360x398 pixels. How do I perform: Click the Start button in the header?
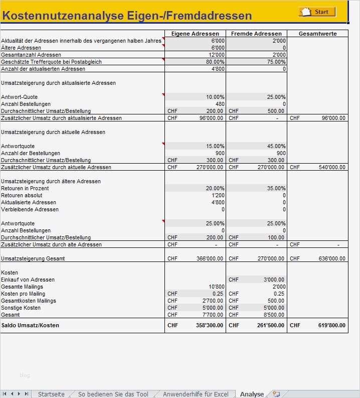point(317,12)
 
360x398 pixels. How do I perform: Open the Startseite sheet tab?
point(51,394)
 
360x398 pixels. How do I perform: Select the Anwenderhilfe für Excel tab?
point(196,394)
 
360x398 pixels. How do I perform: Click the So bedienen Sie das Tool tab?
point(113,394)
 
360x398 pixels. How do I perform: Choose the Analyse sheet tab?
point(252,394)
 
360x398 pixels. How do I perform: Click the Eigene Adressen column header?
point(195,34)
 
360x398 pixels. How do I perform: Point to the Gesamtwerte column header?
point(317,34)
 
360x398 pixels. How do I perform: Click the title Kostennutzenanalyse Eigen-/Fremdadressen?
point(127,16)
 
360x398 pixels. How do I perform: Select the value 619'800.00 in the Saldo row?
point(332,325)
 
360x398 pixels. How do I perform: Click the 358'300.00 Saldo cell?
point(210,325)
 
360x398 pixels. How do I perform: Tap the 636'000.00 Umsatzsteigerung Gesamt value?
point(332,258)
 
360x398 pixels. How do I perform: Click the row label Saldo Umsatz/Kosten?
point(30,325)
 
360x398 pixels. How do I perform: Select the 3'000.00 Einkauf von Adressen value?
point(274,280)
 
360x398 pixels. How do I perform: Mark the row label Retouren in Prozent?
point(25,188)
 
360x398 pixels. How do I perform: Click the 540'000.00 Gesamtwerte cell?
point(332,167)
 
